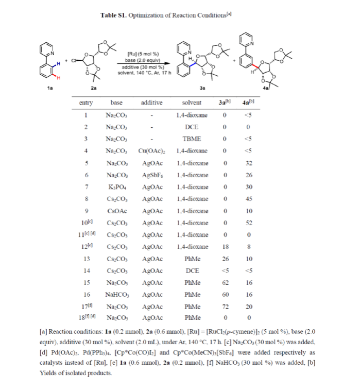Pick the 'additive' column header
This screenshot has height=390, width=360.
(x=151, y=103)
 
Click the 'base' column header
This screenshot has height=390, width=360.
(x=116, y=103)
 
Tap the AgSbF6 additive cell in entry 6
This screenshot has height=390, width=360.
(x=151, y=175)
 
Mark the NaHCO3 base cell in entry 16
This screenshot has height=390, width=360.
(x=116, y=295)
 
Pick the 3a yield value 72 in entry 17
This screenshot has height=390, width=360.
(x=225, y=307)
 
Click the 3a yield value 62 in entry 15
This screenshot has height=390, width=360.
(x=225, y=282)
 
